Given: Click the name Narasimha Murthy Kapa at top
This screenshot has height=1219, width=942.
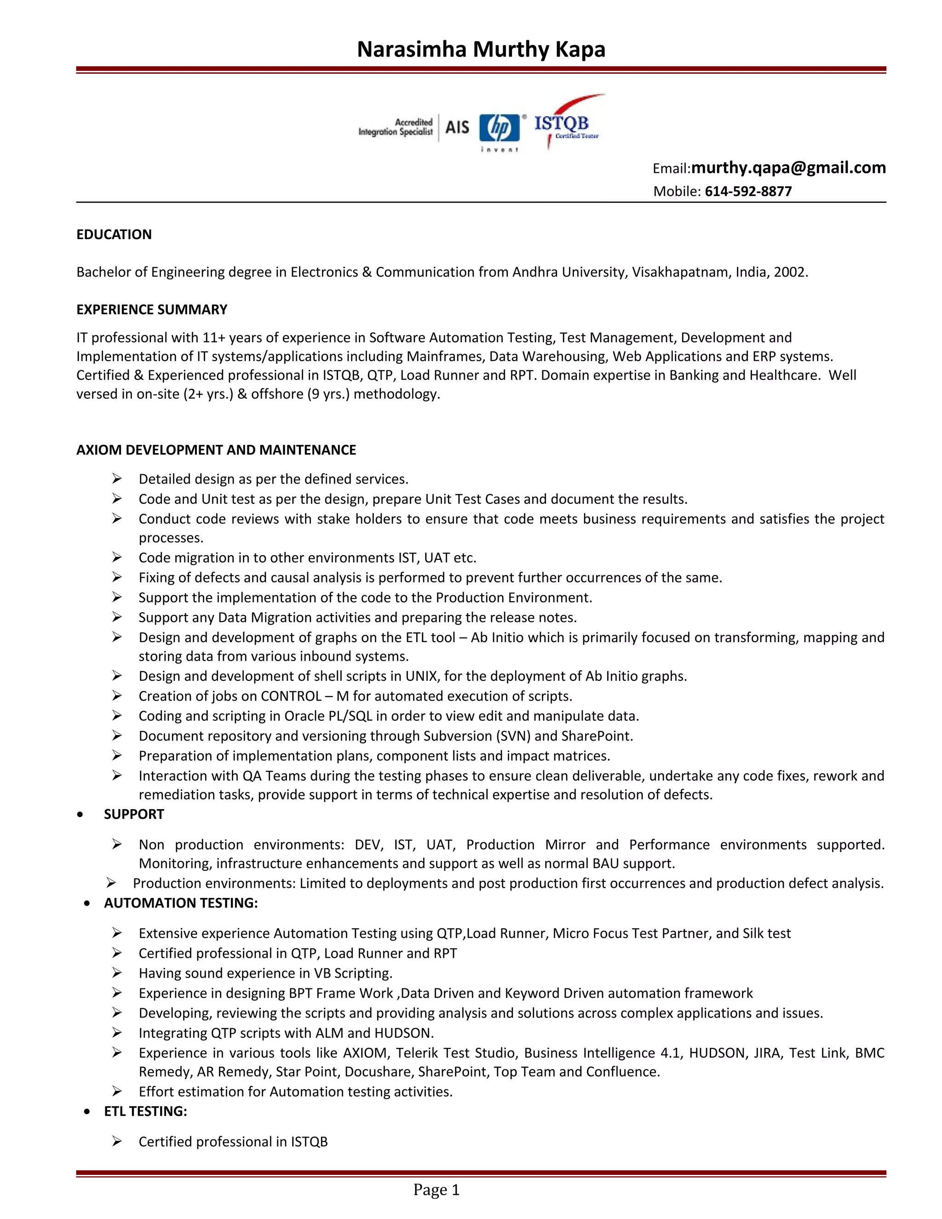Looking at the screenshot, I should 481,49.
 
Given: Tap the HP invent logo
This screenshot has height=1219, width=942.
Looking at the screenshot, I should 500,130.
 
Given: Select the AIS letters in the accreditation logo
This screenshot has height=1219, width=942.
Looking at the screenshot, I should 457,127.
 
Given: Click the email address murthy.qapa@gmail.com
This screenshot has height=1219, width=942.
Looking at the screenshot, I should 788,167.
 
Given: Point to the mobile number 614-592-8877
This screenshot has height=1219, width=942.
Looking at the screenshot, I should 748,191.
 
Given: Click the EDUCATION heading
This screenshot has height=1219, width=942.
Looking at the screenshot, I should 114,235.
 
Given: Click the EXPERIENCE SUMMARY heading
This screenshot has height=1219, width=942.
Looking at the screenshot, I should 152,310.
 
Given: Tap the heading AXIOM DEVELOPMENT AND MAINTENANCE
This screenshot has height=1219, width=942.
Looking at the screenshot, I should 216,450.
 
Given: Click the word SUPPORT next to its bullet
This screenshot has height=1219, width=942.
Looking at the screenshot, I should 134,814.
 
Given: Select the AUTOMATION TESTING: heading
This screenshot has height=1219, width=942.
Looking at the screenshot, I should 181,903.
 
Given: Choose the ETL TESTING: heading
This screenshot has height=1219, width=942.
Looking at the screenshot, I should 146,1111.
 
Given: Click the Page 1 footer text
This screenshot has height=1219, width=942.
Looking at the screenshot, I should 437,1190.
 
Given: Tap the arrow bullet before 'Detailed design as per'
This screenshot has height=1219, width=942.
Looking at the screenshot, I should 117,479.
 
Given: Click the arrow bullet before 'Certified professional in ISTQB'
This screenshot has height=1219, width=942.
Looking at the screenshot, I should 117,1141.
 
